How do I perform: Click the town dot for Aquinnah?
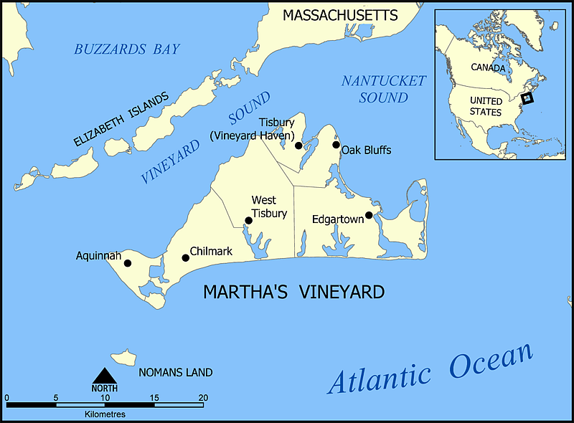128,263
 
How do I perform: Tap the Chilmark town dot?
185,257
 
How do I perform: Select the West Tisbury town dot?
248,221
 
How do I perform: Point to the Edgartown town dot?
369,215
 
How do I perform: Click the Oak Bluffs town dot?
336,145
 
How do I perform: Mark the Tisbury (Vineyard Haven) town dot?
298,146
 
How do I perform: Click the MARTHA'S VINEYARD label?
293,293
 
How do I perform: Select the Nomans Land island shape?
123,357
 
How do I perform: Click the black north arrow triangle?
105,376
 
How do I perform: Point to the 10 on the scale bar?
105,397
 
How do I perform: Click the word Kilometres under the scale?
105,414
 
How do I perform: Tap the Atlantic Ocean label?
430,369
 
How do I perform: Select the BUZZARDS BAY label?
126,49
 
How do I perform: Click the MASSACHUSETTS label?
339,15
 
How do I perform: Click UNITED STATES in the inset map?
486,106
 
